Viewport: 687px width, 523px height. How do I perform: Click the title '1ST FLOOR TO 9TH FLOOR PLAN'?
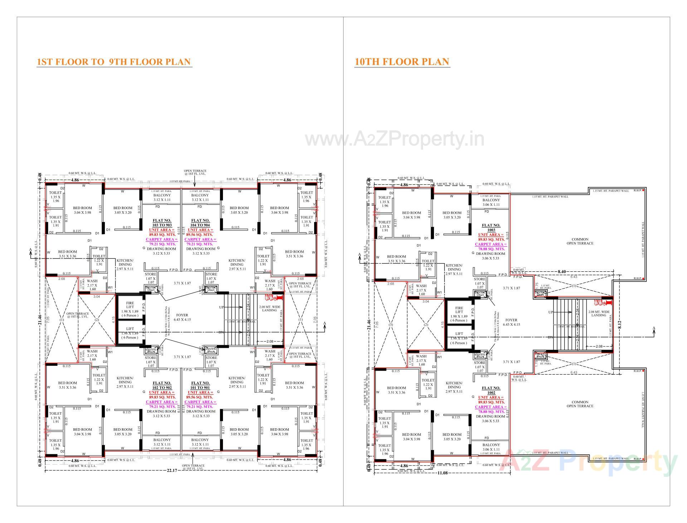coord(114,62)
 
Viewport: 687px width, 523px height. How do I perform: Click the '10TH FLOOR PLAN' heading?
coord(401,62)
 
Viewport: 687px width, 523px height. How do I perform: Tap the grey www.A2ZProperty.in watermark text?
coord(394,139)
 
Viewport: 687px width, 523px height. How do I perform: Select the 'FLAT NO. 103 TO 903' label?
coord(162,223)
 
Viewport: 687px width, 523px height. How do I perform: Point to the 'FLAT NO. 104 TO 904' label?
coord(200,223)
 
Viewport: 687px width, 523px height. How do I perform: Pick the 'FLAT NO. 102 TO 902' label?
coord(162,385)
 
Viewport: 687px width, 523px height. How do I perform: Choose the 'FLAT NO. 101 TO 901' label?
coord(200,385)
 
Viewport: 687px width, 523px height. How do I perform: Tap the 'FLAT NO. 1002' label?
coord(491,390)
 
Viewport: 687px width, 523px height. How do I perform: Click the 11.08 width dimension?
coord(442,473)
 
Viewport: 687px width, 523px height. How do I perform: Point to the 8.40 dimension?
coord(562,272)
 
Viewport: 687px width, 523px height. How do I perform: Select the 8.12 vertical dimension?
coord(620,324)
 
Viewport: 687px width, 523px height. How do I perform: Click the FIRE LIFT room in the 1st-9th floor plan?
coord(130,309)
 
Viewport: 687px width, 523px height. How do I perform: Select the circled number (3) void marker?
coord(391,325)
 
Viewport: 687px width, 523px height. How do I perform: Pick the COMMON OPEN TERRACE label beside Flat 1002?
coord(580,404)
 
